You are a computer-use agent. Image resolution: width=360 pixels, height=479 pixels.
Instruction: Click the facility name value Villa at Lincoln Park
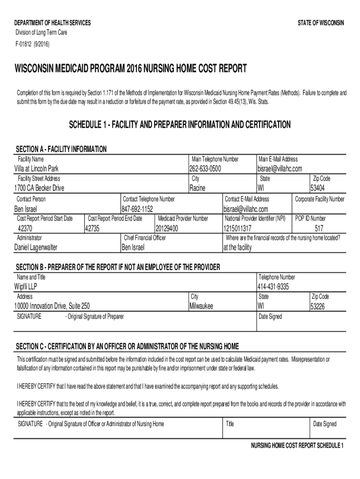36,168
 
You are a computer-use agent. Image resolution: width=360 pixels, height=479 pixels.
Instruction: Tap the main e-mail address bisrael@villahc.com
280,168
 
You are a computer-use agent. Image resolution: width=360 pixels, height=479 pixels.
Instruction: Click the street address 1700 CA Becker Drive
39,188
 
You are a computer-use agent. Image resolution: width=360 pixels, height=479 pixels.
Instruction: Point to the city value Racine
197,188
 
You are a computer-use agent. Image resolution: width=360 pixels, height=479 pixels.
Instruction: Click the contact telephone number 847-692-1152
137,209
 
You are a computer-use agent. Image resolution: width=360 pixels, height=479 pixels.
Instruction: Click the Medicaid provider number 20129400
167,228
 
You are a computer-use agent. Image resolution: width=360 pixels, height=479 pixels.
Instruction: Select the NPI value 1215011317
238,228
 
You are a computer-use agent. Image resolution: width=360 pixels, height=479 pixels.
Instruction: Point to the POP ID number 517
319,228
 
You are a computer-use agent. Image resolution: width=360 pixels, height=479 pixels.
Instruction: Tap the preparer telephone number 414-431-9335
273,286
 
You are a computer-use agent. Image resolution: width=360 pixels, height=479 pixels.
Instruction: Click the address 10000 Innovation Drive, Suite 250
53,306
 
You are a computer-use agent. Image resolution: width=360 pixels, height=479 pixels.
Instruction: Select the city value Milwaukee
201,306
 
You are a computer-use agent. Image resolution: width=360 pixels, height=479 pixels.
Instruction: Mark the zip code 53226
320,307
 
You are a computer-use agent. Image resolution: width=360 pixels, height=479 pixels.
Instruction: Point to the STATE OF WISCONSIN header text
321,23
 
